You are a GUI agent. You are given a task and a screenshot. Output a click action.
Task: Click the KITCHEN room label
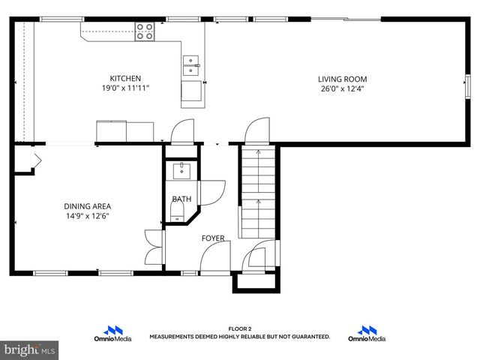pyautogui.click(x=125, y=78)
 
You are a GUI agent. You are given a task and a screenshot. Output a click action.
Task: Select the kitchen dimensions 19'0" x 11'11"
pyautogui.click(x=125, y=88)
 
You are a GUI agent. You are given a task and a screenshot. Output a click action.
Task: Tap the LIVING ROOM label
pyautogui.click(x=342, y=78)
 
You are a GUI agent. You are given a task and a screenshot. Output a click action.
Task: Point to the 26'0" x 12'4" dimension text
pyautogui.click(x=342, y=88)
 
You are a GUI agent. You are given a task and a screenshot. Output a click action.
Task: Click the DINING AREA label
pyautogui.click(x=87, y=206)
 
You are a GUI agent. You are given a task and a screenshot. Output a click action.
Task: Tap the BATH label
pyautogui.click(x=181, y=199)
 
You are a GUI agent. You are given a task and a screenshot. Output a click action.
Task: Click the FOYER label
pyautogui.click(x=213, y=238)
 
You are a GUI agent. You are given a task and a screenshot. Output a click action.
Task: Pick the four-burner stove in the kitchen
pyautogui.click(x=145, y=31)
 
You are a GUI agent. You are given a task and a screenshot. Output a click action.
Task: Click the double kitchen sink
pyautogui.click(x=190, y=66)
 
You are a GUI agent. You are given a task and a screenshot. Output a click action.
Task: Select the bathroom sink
pyautogui.click(x=181, y=171)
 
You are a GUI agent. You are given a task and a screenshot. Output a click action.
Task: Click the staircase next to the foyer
pyautogui.click(x=258, y=191)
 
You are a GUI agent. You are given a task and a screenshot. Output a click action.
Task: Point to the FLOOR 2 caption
pyautogui.click(x=240, y=328)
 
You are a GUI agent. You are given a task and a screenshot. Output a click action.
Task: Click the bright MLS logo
pyautogui.click(x=30, y=349)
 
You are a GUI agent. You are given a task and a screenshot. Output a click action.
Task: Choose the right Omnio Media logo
pyautogui.click(x=367, y=334)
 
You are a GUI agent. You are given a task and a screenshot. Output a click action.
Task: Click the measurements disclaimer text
pyautogui.click(x=240, y=337)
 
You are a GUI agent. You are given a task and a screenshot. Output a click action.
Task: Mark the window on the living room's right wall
pyautogui.click(x=469, y=83)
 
